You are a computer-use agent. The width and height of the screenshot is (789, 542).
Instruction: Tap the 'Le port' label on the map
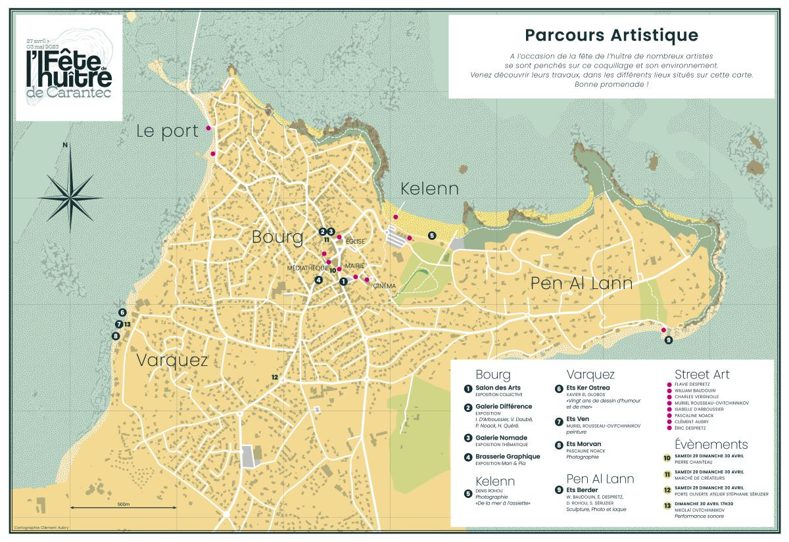(167, 131)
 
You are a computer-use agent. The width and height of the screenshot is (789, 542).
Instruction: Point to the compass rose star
(70, 196)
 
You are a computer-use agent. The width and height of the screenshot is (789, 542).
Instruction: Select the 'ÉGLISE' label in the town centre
(354, 242)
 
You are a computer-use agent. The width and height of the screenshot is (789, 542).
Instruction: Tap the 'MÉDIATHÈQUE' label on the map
(307, 268)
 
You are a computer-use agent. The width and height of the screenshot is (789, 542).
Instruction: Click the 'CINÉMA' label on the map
(385, 286)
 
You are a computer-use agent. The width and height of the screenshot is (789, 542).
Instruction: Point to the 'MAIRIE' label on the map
(355, 267)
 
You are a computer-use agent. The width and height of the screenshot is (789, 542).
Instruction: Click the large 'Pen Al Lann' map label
(581, 283)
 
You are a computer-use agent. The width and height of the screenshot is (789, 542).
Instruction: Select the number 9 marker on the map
(669, 340)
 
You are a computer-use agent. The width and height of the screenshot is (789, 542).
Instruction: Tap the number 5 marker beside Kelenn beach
(432, 235)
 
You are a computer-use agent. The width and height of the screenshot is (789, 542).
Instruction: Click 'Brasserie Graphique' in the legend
(508, 456)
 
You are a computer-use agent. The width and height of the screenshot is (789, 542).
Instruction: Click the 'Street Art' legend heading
(702, 374)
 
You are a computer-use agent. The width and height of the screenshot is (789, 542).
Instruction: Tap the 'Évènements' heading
(711, 444)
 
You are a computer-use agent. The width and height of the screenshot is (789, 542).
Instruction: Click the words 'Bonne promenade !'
(611, 85)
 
